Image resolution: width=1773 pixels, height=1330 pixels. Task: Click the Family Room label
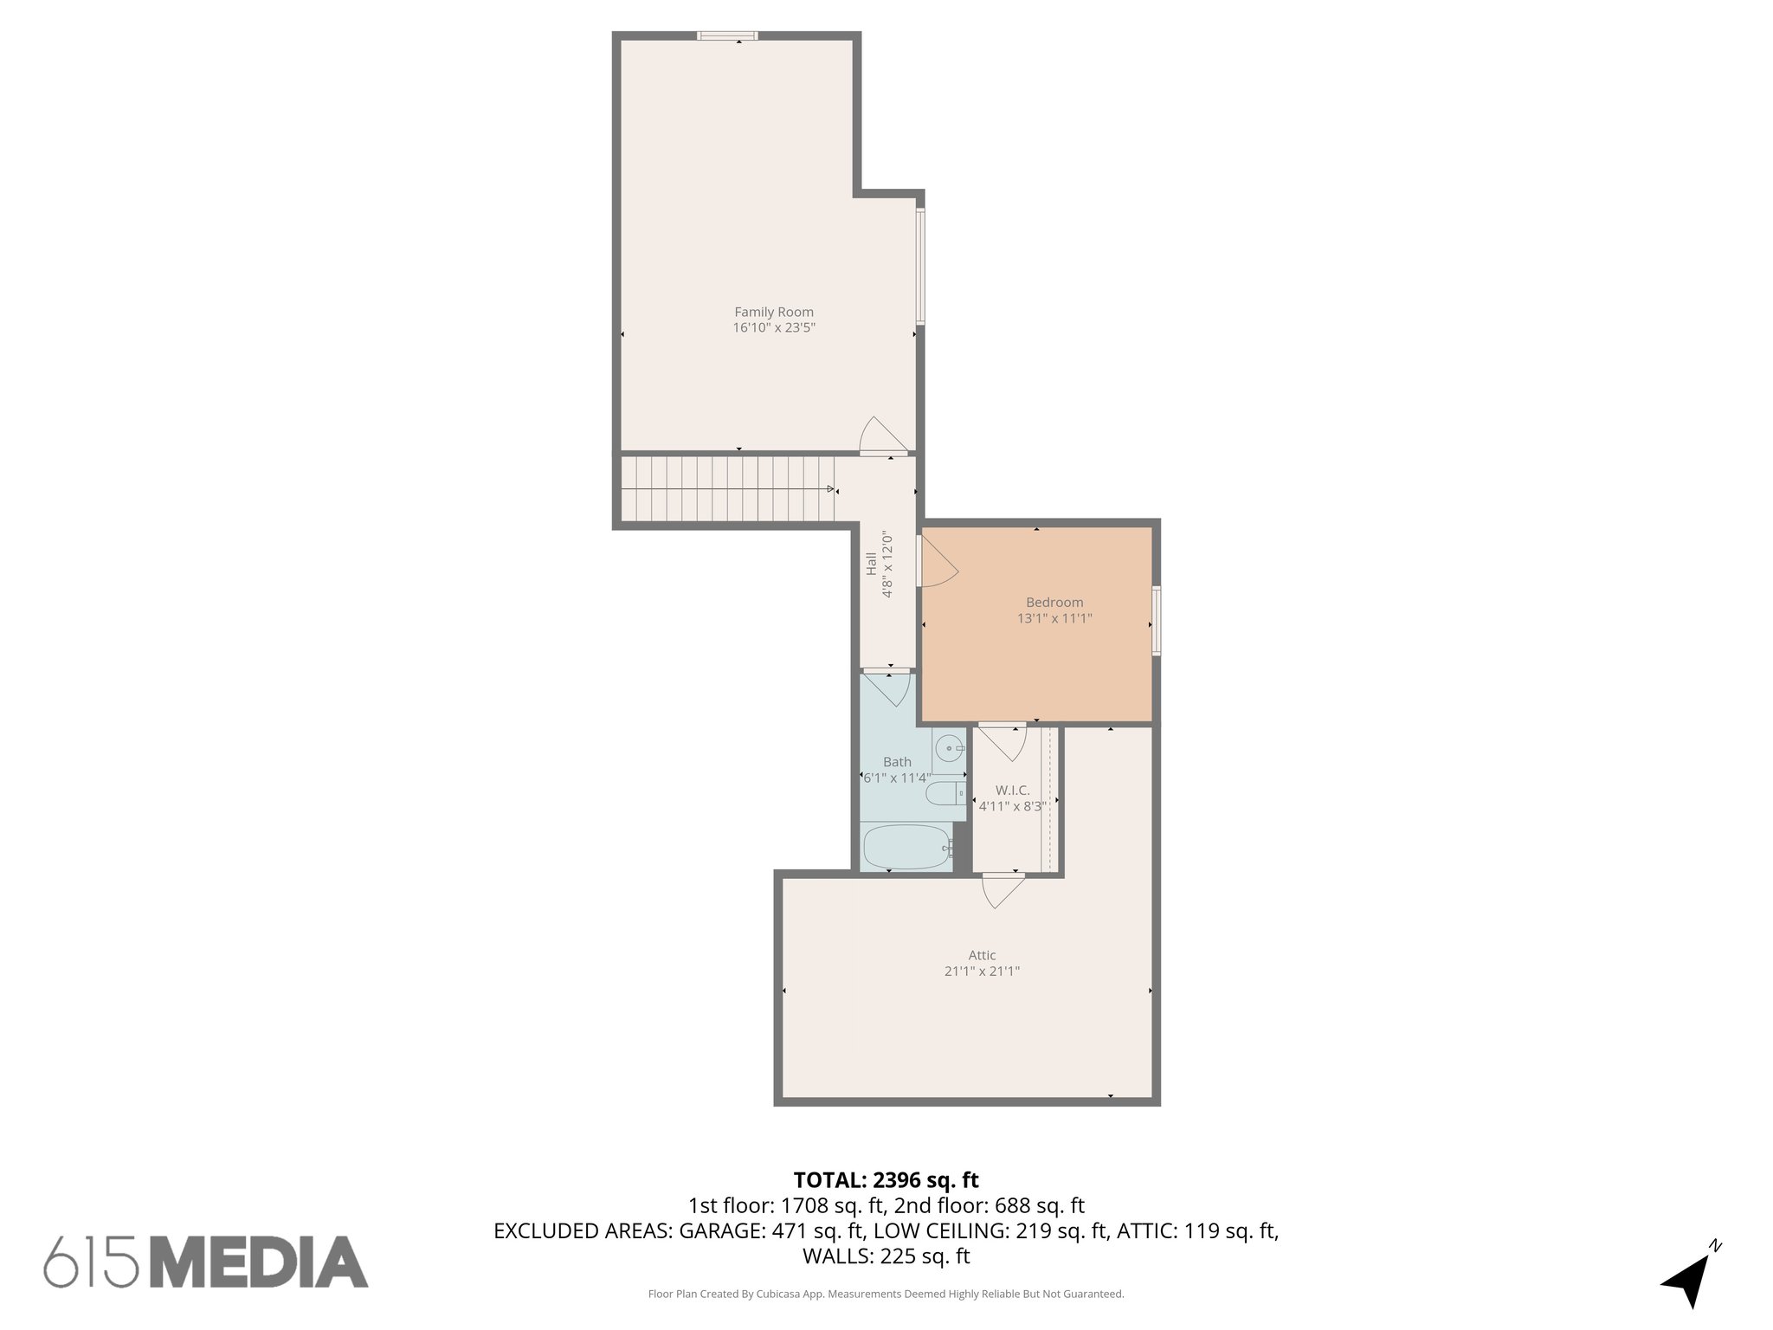pos(774,312)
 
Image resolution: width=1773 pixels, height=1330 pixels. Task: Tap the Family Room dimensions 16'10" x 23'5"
pos(774,328)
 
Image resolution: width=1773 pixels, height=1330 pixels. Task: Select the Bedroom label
pos(1054,603)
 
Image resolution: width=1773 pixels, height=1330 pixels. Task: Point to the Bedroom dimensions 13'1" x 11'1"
pos(1054,618)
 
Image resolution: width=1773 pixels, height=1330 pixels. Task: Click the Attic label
pos(982,955)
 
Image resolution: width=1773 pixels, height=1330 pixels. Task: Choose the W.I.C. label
pos(1012,791)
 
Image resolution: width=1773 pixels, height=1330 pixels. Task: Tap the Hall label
pos(871,564)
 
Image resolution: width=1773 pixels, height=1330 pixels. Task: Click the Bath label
pos(897,762)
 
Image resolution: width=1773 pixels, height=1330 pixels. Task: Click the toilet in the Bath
pos(943,792)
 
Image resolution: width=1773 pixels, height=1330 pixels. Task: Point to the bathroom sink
pos(950,746)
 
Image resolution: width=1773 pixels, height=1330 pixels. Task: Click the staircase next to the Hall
pos(727,489)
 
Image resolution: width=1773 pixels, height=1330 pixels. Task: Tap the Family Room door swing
pos(881,436)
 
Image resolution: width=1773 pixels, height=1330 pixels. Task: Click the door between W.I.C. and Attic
pos(1003,890)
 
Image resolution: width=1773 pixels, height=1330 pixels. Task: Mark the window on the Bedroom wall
pos(1156,620)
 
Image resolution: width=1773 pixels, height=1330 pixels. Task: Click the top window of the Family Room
pos(727,36)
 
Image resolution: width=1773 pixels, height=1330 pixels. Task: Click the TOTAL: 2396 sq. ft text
pos(886,1180)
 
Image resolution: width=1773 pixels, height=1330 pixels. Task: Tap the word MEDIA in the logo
pos(259,1262)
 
